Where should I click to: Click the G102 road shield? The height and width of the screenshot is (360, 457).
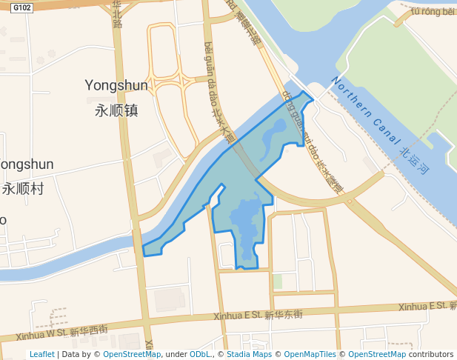[x=22, y=8]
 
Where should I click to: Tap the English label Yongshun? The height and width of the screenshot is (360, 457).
[x=116, y=85]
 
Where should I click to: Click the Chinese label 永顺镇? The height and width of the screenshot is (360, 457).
[x=117, y=110]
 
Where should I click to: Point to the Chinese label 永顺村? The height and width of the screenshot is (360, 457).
[x=22, y=188]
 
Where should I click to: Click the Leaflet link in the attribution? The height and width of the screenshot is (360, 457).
[x=41, y=354]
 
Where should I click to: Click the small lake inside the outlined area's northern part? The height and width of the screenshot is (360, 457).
[x=273, y=136]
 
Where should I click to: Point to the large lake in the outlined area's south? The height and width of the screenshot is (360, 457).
[x=245, y=221]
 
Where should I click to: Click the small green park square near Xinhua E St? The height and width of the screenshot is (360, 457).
[x=277, y=281]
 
